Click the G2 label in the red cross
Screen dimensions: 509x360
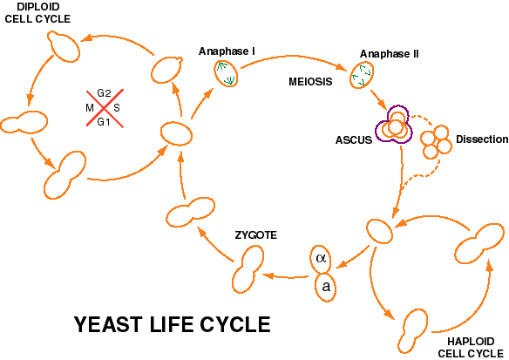(x=104, y=93)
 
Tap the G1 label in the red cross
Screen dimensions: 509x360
(x=104, y=122)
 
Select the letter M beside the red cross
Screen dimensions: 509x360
(x=90, y=108)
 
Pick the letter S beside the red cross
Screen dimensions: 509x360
(x=117, y=108)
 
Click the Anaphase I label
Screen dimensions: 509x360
(x=227, y=51)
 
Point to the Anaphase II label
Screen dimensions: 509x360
(x=390, y=54)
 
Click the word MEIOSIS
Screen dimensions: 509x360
(x=310, y=81)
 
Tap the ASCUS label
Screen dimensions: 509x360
(x=354, y=140)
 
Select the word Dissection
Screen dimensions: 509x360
(x=482, y=139)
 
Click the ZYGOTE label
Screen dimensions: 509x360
(x=255, y=235)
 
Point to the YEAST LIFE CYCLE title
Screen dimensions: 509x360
(x=173, y=324)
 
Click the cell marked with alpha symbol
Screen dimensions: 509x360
(x=321, y=258)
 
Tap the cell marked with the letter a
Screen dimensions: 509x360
(x=326, y=287)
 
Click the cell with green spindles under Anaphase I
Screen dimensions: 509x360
(x=226, y=74)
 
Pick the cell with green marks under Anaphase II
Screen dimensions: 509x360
(x=362, y=76)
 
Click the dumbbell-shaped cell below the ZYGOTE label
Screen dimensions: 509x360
(x=248, y=269)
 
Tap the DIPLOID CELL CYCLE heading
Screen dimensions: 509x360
(x=37, y=13)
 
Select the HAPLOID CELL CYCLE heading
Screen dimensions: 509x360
(x=471, y=347)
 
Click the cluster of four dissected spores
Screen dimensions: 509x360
(x=436, y=142)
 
